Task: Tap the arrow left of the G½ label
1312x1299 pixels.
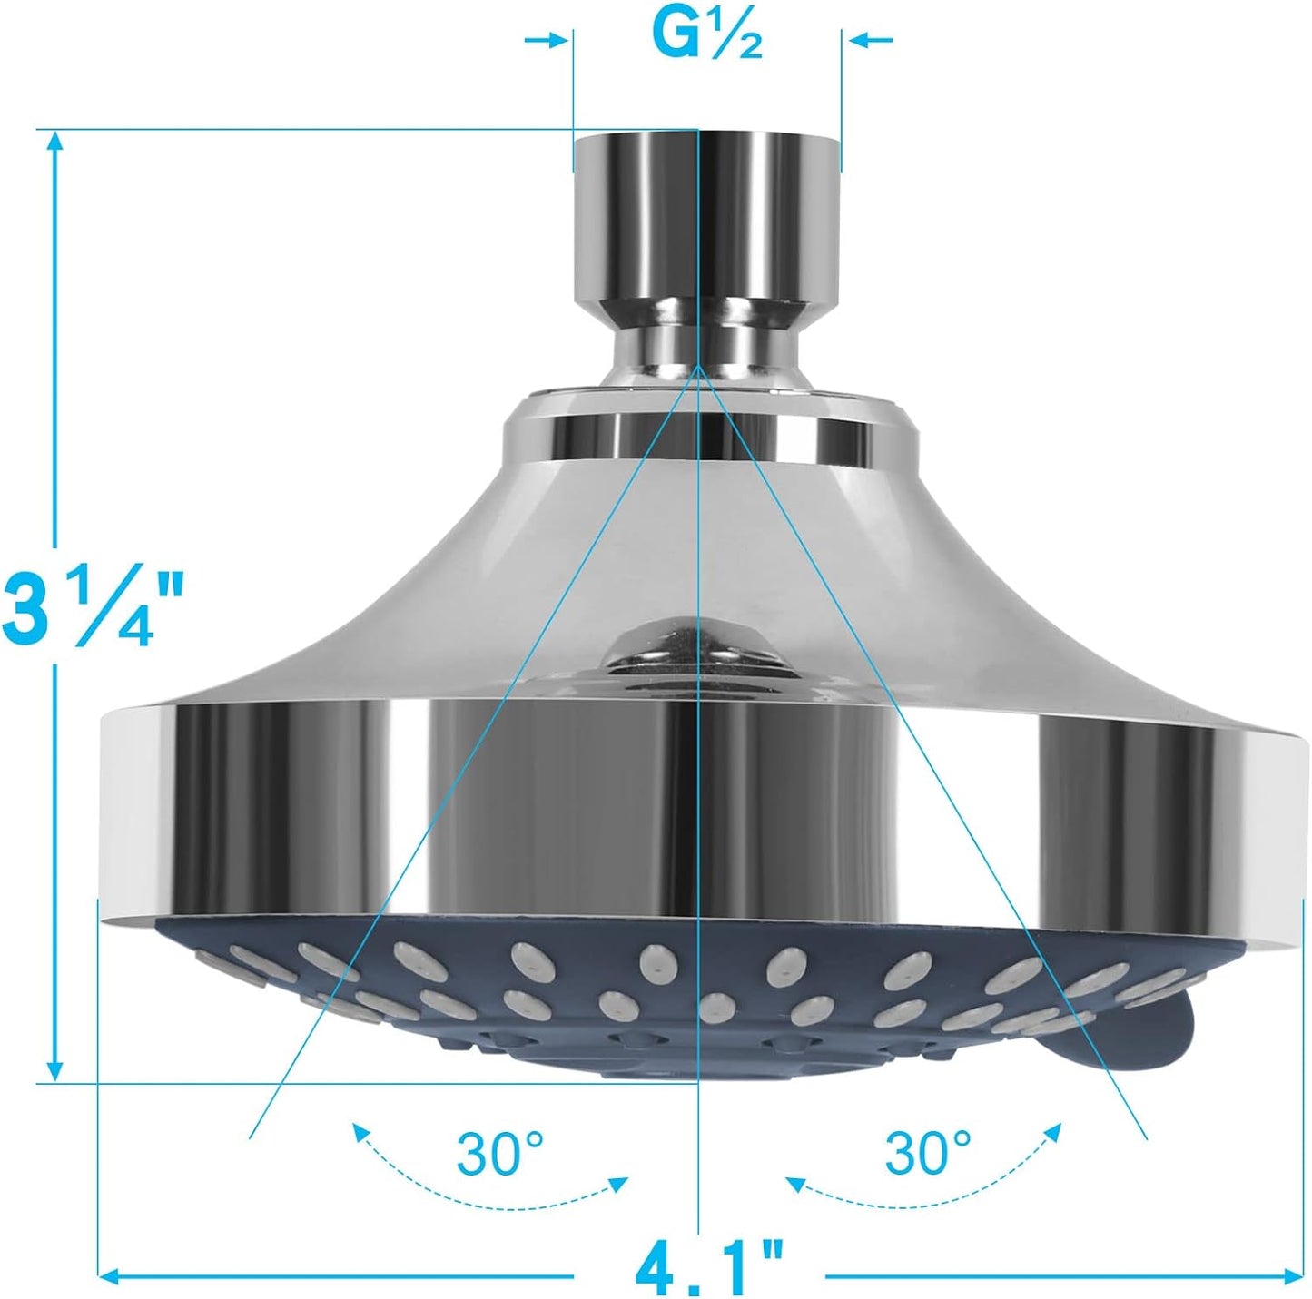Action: tap(550, 40)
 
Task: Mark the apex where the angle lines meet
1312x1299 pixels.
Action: tap(697, 368)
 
